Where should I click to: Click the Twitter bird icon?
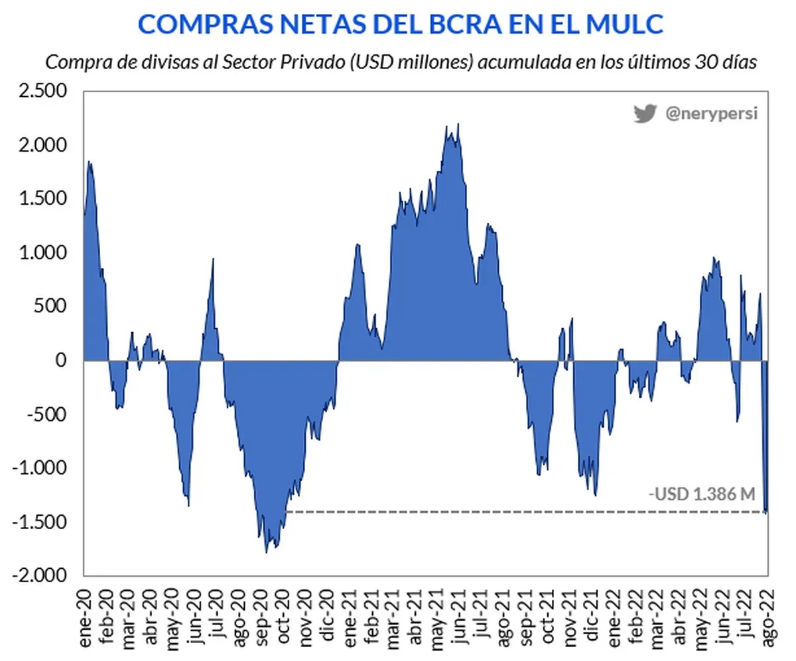pos(644,113)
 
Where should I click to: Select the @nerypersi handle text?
pos(711,114)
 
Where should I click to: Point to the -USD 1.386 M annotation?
pos(702,494)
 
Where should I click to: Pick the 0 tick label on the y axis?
pos(61,361)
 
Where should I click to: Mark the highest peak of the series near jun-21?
pos(458,124)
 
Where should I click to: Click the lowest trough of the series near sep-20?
pos(267,552)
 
